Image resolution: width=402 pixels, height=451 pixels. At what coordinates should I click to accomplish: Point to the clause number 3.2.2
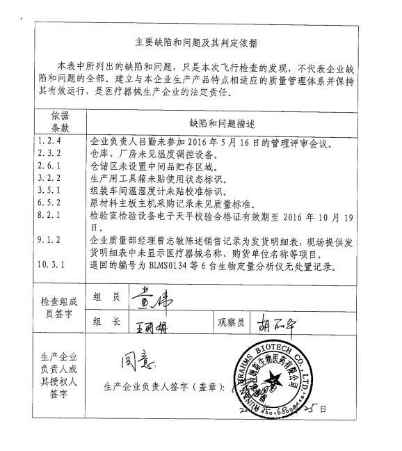point(50,180)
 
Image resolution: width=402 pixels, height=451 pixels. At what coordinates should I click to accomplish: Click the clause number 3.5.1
point(50,191)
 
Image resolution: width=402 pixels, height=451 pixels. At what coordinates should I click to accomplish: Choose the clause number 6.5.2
point(50,202)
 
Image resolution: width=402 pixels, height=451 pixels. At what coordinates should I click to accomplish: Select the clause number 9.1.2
point(50,239)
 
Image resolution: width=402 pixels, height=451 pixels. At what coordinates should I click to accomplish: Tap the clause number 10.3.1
point(50,265)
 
